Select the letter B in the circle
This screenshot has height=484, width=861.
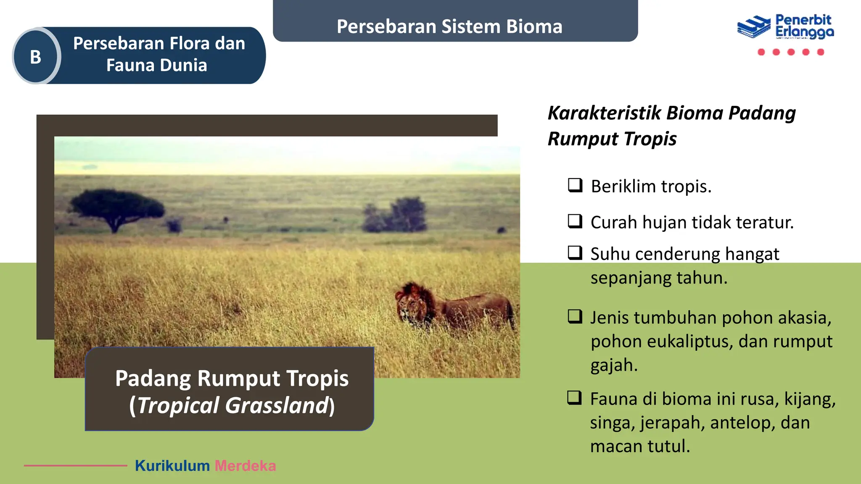(x=36, y=57)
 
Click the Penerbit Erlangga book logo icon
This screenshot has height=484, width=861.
(x=754, y=27)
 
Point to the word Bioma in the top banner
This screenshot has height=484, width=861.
(x=534, y=26)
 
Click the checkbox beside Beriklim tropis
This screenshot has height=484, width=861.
(x=575, y=185)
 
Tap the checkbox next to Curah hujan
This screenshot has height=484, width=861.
(x=575, y=221)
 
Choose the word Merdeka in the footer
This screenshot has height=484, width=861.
(x=245, y=466)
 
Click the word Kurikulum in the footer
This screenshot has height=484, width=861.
(x=172, y=466)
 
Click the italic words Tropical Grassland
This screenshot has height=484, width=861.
(x=232, y=405)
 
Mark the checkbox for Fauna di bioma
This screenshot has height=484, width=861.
(x=575, y=397)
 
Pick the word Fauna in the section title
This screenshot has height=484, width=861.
(x=125, y=66)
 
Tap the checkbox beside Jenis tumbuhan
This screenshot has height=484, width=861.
(x=575, y=316)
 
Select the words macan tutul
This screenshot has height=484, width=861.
(x=639, y=446)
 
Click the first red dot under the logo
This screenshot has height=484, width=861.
(x=761, y=52)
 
